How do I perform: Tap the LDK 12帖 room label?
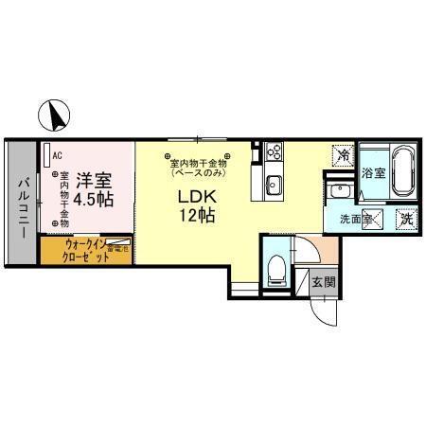[x=199, y=204]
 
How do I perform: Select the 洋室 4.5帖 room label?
[x=95, y=189]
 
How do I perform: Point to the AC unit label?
[x=58, y=154]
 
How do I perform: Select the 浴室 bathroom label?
[x=373, y=173]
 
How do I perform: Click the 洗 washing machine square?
[x=404, y=219]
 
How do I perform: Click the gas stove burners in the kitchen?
[x=274, y=150]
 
